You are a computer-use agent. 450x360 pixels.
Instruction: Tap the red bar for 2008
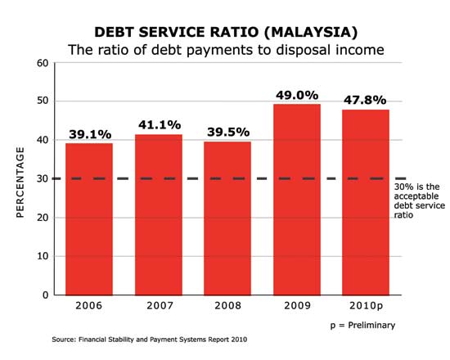[227, 218]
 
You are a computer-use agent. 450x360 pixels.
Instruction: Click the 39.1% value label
[89, 134]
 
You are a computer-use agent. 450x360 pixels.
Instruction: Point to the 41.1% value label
[158, 126]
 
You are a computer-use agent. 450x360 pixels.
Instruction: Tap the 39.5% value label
[227, 133]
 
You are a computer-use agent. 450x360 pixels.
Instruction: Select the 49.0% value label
[296, 95]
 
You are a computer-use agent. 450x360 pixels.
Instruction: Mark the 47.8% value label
[366, 100]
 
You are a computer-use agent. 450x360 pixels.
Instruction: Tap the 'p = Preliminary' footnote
[362, 325]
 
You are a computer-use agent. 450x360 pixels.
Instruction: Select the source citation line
[149, 339]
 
